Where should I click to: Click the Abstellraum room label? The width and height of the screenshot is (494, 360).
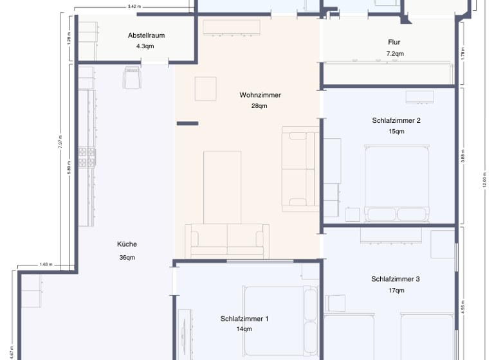pos(146,35)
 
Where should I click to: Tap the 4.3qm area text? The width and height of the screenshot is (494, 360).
pos(145,47)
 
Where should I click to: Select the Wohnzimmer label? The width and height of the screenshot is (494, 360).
pos(260,95)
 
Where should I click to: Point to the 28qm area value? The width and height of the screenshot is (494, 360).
pos(259,106)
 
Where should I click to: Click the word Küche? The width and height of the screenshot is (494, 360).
pos(127,244)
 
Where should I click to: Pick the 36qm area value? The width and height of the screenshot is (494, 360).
pos(127,258)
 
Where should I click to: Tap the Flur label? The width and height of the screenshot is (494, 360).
pos(395,42)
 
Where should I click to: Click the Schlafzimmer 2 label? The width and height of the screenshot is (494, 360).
pos(396,120)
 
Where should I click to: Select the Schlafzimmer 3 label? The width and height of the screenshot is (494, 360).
pos(396,279)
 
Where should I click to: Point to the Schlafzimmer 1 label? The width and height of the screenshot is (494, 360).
pos(244,318)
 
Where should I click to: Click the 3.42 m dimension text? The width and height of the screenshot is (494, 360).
pos(134,6)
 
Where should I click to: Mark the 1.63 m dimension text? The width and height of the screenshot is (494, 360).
pos(46,264)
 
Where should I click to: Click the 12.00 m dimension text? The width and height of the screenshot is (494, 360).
pos(484,180)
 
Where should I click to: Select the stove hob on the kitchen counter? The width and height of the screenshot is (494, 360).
pos(87,157)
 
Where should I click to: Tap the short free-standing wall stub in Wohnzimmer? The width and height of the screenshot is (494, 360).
pos(187,123)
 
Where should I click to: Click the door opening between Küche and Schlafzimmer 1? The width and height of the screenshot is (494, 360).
pos(173,280)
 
